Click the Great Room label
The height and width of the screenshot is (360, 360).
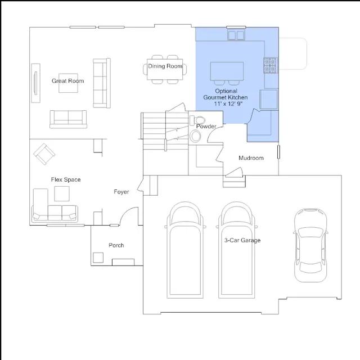(67, 81)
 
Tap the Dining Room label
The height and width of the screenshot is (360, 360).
(165, 66)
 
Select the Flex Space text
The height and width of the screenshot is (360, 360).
(66, 179)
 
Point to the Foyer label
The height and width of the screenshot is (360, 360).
(121, 192)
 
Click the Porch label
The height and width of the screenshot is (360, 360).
(116, 245)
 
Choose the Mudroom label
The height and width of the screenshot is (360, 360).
(251, 158)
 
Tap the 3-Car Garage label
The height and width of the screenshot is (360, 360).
(242, 240)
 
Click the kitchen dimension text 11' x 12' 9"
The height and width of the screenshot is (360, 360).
(228, 103)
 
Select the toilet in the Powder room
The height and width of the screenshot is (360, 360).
(197, 120)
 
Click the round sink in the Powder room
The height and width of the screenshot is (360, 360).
(195, 136)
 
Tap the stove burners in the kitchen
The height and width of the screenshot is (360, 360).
(270, 65)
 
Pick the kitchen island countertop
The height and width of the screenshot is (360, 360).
(227, 71)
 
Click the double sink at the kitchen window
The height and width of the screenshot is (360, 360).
(236, 35)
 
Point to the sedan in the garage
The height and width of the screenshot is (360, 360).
(310, 245)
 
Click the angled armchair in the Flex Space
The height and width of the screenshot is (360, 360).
(44, 154)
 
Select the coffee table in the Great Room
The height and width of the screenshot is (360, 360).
(68, 83)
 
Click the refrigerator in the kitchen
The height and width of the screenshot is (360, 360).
(268, 100)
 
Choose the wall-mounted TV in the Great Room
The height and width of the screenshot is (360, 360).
(35, 83)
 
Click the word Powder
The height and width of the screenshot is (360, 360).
(206, 126)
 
